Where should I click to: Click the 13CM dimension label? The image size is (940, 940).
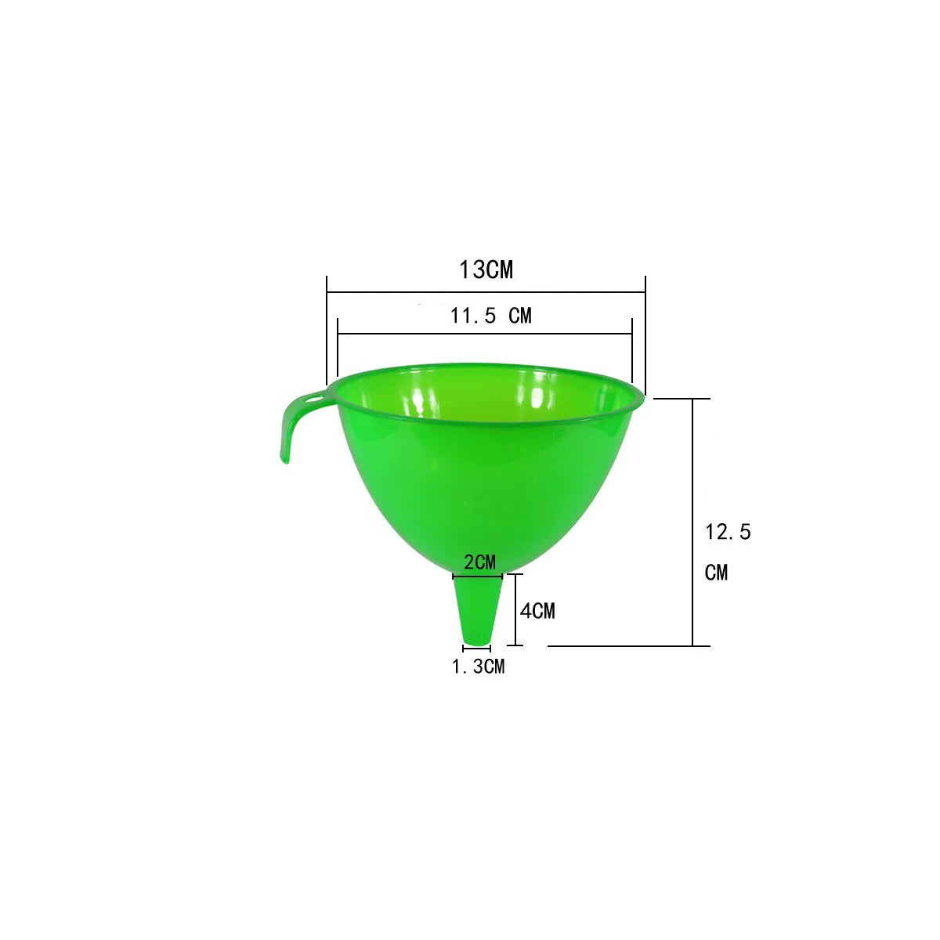(x=486, y=269)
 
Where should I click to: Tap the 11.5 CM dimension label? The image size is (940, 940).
(x=490, y=316)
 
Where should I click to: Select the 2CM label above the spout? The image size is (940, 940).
(x=479, y=562)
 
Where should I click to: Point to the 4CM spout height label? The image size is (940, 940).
(x=537, y=611)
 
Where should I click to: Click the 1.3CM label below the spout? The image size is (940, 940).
(x=478, y=667)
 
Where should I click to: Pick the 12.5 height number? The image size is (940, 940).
(x=728, y=532)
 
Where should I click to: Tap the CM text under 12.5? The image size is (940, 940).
(x=716, y=573)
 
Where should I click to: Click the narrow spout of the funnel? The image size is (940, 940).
(x=477, y=609)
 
